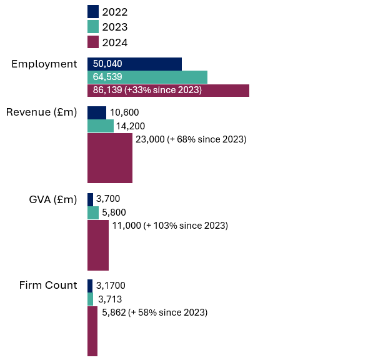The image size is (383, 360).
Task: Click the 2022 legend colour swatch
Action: tap(93, 11)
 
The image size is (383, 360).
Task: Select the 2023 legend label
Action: tap(115, 27)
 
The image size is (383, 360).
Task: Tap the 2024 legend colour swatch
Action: tap(93, 42)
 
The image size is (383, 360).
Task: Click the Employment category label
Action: tap(44, 64)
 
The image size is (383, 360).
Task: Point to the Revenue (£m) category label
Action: tap(41, 112)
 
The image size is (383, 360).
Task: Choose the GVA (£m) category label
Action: tap(53, 199)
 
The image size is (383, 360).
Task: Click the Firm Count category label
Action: tap(48, 286)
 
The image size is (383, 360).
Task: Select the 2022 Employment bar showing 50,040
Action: tap(134, 64)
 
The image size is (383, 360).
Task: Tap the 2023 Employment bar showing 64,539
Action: tap(147, 77)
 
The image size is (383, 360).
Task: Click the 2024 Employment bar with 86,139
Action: tap(168, 91)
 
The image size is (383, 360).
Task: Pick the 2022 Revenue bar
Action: tap(96, 112)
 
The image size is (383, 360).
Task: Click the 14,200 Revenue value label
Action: tap(130, 126)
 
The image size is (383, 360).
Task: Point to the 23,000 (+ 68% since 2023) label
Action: tap(191, 139)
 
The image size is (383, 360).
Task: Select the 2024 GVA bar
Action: tap(98, 245)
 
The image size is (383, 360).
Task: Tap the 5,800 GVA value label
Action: tap(116, 212)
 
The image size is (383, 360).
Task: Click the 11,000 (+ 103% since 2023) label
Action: tap(170, 226)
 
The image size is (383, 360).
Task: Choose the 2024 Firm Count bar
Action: tap(92, 331)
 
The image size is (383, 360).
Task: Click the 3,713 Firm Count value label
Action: tap(112, 299)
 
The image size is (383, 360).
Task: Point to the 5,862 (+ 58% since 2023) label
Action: tap(154, 312)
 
